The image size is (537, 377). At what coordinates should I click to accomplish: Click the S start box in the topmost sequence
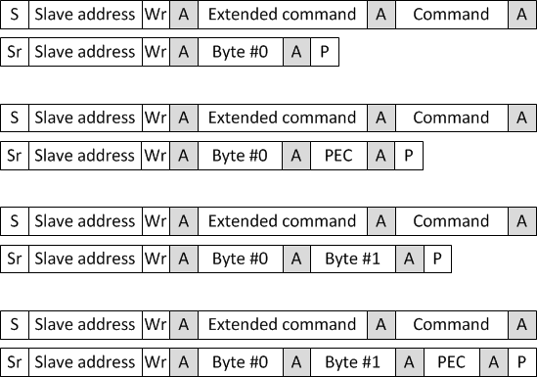pyautogui.click(x=15, y=15)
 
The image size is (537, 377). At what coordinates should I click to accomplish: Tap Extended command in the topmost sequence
pyautogui.click(x=282, y=15)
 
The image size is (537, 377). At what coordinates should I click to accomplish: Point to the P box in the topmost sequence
pyautogui.click(x=324, y=52)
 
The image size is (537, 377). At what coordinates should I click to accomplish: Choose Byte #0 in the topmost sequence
pyautogui.click(x=240, y=52)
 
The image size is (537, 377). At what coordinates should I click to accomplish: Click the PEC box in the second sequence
pyautogui.click(x=337, y=156)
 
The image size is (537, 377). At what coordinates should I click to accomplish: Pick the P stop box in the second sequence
pyautogui.click(x=409, y=156)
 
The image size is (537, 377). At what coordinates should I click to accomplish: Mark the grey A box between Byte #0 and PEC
pyautogui.click(x=295, y=156)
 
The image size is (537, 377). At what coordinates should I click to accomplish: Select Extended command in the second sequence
pyautogui.click(x=282, y=118)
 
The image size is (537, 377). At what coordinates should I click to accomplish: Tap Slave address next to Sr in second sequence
pyautogui.click(x=84, y=156)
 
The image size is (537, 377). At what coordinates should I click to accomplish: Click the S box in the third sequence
pyautogui.click(x=15, y=221)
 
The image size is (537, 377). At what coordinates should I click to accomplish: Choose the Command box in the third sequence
pyautogui.click(x=450, y=221)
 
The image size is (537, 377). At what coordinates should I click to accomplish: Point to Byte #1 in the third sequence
pyautogui.click(x=352, y=259)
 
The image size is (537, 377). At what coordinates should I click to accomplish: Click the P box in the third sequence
pyautogui.click(x=437, y=259)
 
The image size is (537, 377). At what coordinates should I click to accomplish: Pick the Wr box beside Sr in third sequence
pyautogui.click(x=155, y=259)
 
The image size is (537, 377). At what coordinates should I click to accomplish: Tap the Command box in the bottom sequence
pyautogui.click(x=450, y=325)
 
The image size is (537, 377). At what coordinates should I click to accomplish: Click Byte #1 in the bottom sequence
pyautogui.click(x=352, y=362)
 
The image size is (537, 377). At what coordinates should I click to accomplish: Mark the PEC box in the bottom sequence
pyautogui.click(x=451, y=362)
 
